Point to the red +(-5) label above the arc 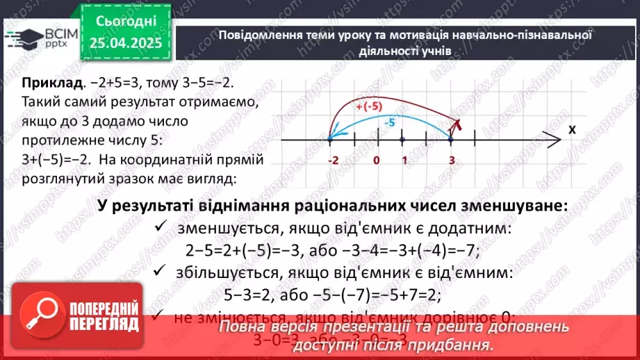(368, 107)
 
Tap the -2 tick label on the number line (332, 161)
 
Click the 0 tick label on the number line (376, 161)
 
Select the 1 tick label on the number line (404, 161)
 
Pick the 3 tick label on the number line (451, 161)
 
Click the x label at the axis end (571, 129)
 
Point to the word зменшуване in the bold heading (509, 206)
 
